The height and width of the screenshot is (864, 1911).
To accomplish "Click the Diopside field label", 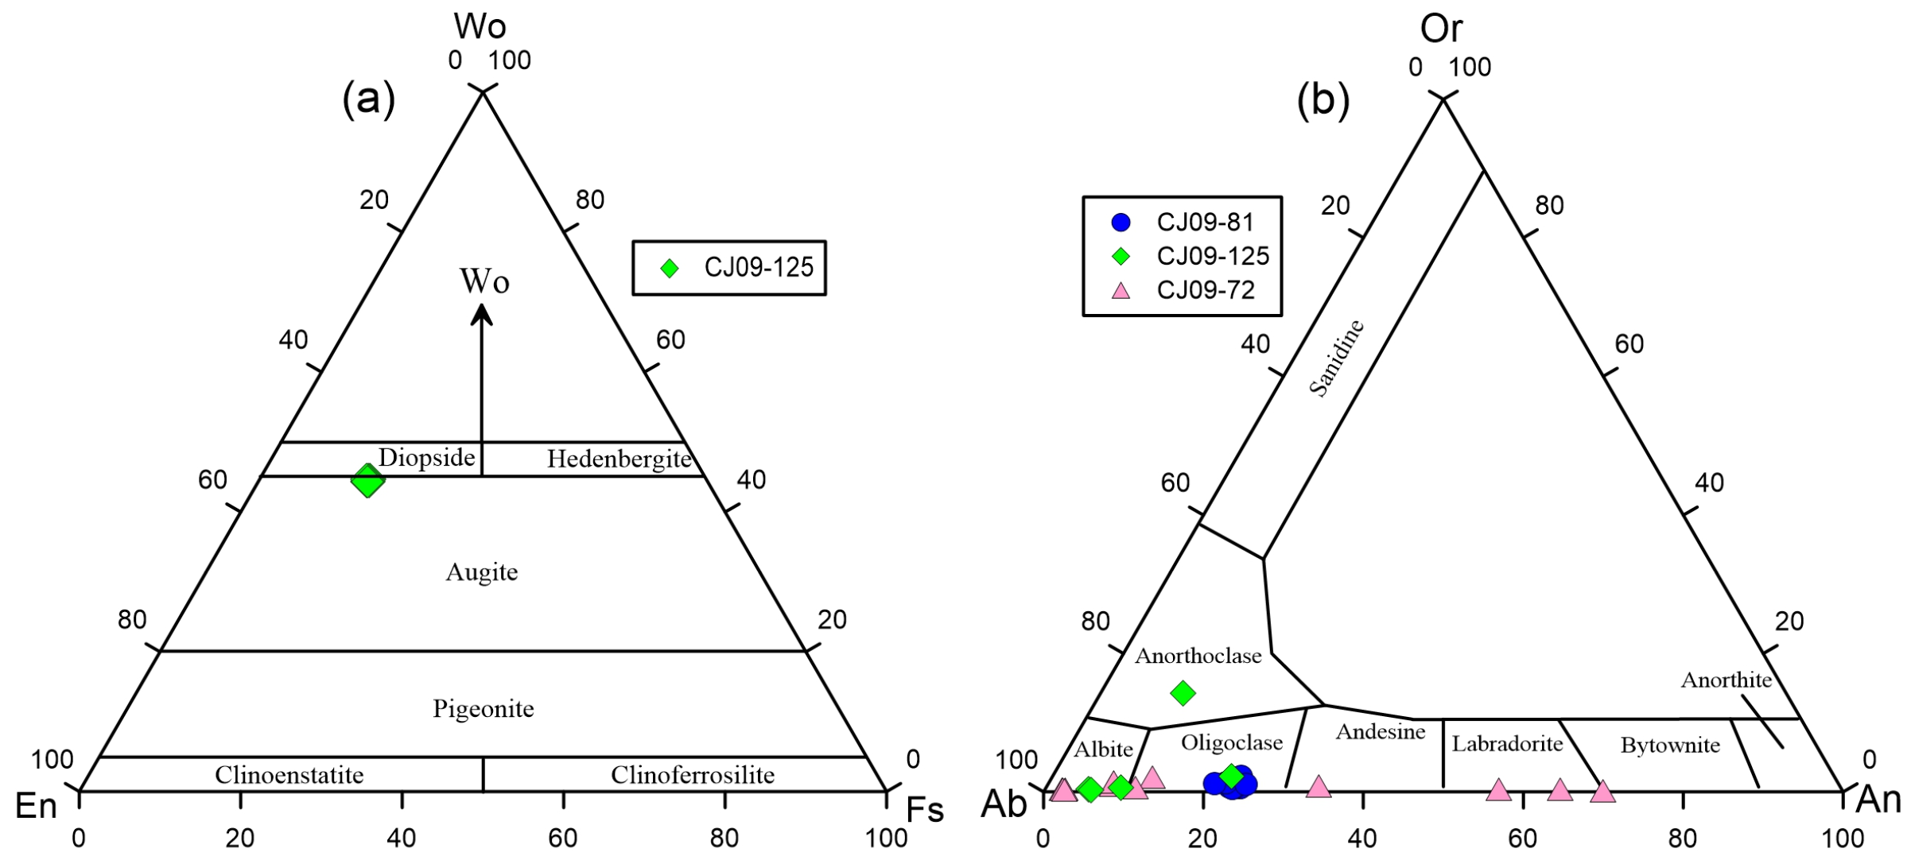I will (426, 458).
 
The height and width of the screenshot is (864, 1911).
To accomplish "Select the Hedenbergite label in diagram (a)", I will (619, 459).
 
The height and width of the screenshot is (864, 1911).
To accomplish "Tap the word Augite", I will (482, 572).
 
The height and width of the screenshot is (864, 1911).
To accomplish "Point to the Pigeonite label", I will (483, 708).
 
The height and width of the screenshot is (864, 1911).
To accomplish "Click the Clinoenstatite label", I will (289, 775).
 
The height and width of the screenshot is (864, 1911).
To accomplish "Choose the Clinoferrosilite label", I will (692, 775).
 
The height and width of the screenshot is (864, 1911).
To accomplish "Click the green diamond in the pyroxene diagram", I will (367, 480).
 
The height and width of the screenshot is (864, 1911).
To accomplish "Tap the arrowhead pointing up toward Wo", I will (481, 316).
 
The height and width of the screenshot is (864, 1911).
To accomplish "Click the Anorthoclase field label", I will (1198, 656).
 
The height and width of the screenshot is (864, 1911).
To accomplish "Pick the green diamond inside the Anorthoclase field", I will (1183, 693).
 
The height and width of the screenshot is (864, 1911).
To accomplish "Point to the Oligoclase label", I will (1231, 742).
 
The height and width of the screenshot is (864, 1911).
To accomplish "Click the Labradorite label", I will (1507, 744).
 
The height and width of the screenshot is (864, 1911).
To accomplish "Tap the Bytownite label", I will (1670, 746).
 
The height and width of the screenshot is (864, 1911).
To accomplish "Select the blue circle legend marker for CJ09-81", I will (1121, 223).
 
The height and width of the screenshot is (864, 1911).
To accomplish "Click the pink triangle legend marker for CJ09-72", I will (1121, 291).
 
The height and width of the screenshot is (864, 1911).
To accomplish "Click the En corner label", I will (37, 807).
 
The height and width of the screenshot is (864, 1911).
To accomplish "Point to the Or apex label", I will (1441, 29).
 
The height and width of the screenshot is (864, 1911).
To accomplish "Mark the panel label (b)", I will (1323, 101).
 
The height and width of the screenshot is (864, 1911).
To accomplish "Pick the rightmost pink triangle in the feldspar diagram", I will (1602, 792).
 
